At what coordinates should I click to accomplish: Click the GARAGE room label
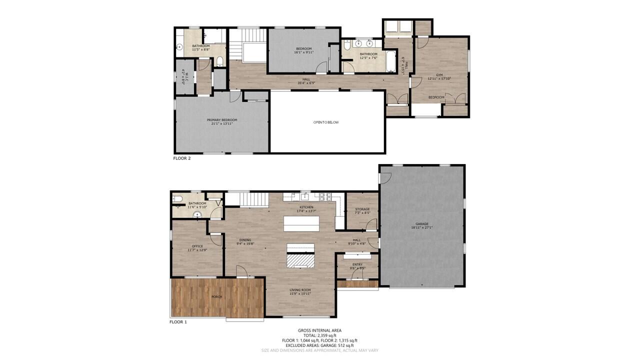click(421, 224)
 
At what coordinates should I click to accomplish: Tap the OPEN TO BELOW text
click(326, 122)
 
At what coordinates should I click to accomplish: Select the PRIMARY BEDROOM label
click(222, 120)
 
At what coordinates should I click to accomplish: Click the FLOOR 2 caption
click(181, 158)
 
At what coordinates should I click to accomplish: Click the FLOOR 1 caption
click(178, 322)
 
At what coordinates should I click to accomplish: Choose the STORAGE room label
click(362, 209)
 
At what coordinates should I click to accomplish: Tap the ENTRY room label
click(357, 264)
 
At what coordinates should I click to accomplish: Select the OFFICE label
click(197, 246)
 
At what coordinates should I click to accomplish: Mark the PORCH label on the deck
click(217, 297)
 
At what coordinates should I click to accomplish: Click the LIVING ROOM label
click(300, 290)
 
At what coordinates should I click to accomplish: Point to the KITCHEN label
click(306, 207)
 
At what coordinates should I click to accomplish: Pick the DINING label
click(245, 240)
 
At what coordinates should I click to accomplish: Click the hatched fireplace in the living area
click(300, 260)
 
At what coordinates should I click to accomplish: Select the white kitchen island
click(301, 223)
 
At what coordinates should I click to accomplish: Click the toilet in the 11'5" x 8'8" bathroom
click(219, 61)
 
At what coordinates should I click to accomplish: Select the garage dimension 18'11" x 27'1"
click(421, 227)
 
